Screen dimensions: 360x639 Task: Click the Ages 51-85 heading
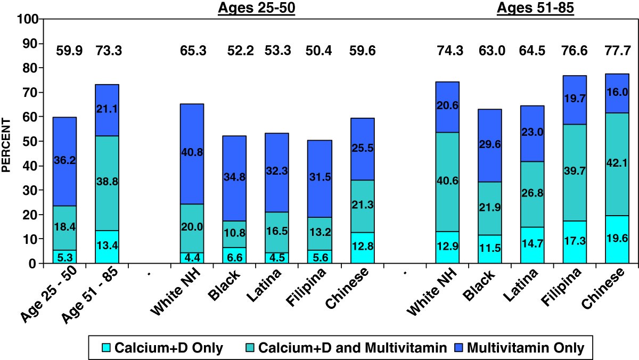coord(535,9)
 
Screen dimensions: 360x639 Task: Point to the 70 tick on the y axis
coord(30,93)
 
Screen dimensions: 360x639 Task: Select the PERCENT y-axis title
coord(6,141)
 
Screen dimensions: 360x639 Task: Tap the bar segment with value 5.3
coord(64,257)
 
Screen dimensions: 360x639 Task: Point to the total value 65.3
coord(192,51)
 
